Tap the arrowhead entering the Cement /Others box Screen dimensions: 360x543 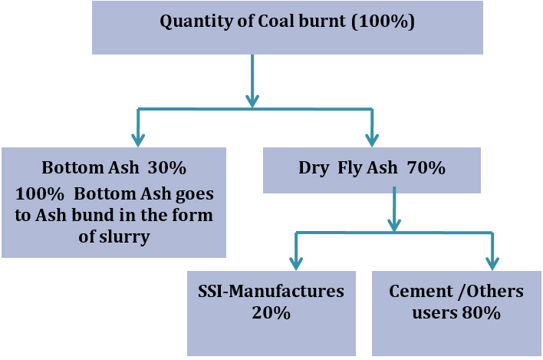[492, 263]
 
